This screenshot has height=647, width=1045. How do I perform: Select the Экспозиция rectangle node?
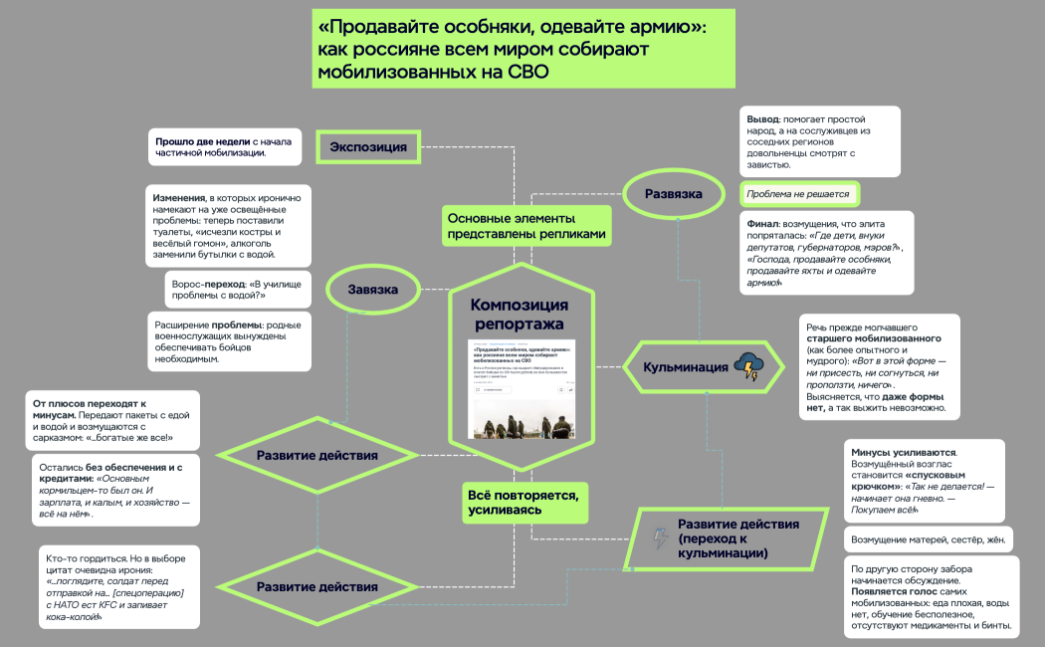(368, 147)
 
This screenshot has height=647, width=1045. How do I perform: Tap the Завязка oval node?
(373, 290)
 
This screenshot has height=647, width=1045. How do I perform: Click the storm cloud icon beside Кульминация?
(747, 366)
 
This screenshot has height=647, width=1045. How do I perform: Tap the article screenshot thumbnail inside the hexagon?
(521, 390)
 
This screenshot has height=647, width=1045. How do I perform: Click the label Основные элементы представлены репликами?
(525, 226)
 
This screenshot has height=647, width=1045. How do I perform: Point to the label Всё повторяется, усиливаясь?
(523, 501)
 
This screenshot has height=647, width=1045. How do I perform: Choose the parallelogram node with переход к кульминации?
(727, 539)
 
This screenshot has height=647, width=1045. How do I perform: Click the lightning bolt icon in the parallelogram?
(660, 539)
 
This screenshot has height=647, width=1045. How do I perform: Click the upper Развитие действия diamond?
(316, 455)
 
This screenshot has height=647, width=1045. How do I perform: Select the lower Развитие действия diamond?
(316, 586)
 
